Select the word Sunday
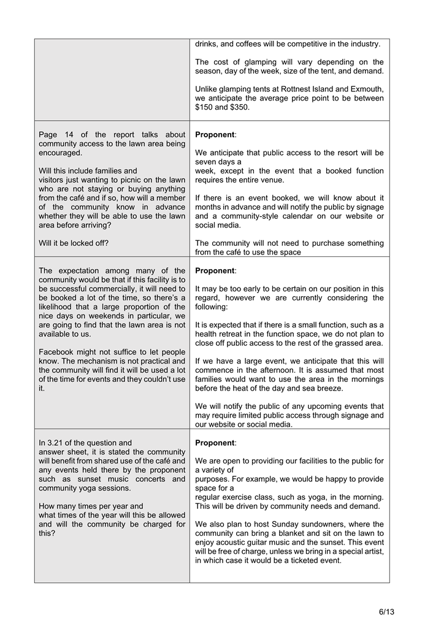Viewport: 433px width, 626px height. (311, 524)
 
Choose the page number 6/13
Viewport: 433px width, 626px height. (386, 612)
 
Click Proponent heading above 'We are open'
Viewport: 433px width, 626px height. (215, 443)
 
